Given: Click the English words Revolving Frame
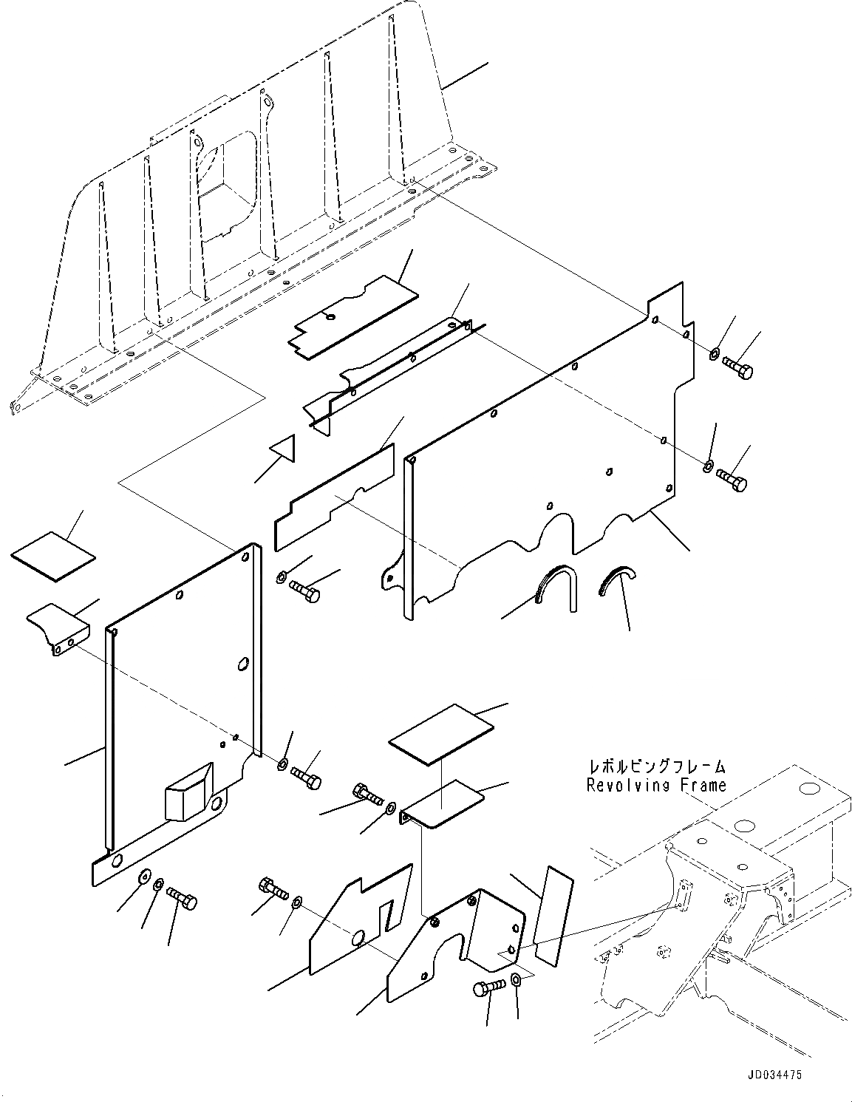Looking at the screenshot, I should pyautogui.click(x=656, y=786).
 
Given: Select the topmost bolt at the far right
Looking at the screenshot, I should pyautogui.click(x=737, y=367).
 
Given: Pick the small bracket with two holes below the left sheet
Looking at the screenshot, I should pyautogui.click(x=58, y=627).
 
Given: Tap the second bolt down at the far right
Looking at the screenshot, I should pyautogui.click(x=731, y=482).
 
